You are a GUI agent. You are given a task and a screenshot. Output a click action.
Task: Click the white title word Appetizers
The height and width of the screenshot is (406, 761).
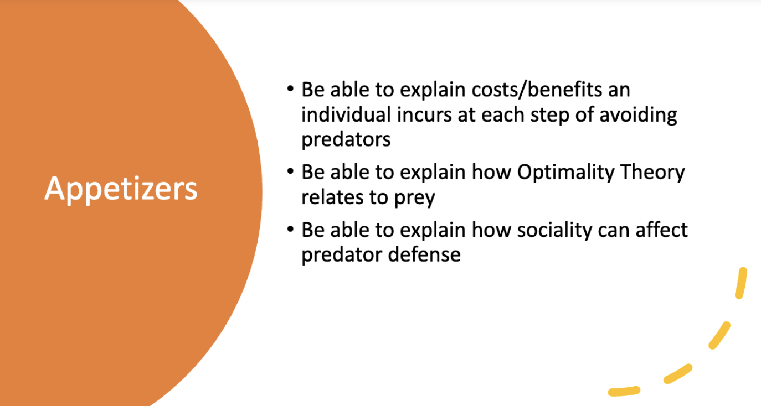click(121, 189)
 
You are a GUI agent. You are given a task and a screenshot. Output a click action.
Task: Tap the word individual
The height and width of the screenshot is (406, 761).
click(346, 114)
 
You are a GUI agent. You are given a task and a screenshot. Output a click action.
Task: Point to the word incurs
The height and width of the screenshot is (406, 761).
click(424, 115)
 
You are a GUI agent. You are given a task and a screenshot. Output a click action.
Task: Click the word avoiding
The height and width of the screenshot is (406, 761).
click(638, 115)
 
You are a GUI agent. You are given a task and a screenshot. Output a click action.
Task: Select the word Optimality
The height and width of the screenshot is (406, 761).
click(565, 173)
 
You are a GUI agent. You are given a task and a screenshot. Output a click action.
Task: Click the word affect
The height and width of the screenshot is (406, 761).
click(661, 230)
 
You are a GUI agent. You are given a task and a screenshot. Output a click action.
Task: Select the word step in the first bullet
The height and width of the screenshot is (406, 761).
click(549, 116)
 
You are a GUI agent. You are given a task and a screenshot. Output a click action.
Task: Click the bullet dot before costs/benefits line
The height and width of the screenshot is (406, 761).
click(290, 89)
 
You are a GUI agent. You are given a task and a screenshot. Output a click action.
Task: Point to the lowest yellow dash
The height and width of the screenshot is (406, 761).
click(624, 391)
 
